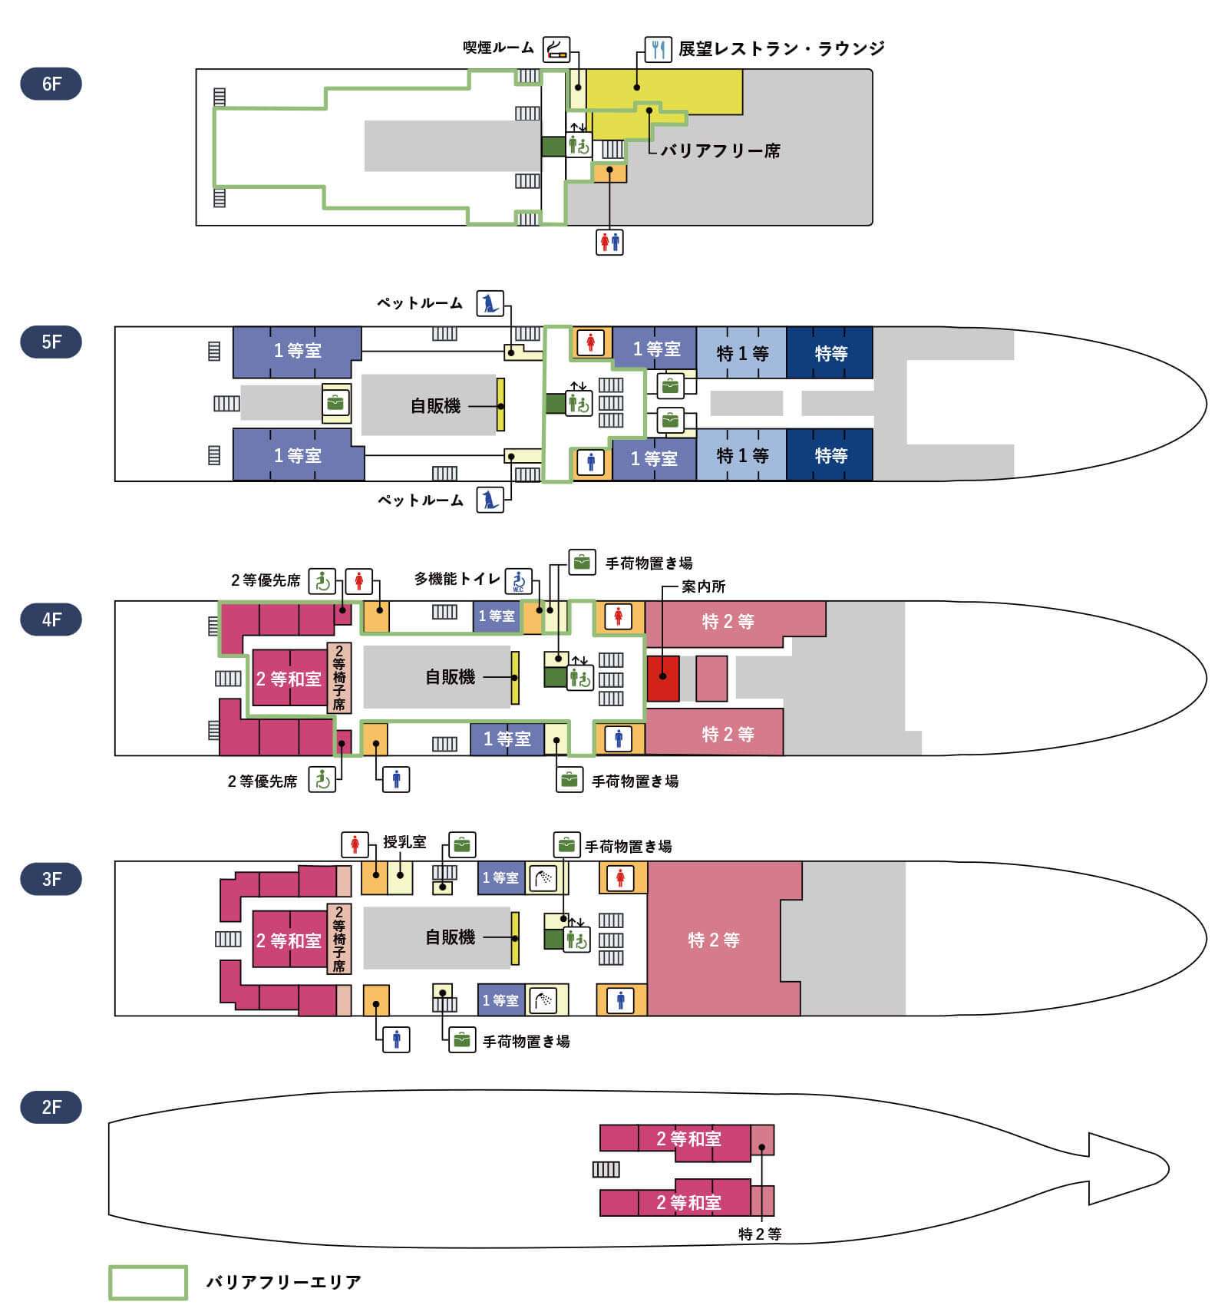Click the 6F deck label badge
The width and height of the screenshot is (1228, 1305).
pos(51,84)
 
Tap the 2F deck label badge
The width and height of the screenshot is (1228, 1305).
pos(51,1107)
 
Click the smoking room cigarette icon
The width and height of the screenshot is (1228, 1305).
pos(556,49)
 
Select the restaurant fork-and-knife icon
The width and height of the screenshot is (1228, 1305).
pos(658,49)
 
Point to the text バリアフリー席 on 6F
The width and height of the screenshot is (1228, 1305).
pos(720,150)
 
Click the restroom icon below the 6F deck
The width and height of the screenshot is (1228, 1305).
pos(609,242)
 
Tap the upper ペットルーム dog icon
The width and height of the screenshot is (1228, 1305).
pos(490,303)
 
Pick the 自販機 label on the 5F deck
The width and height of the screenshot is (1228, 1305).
pos(435,405)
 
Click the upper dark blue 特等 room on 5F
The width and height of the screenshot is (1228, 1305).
pos(830,353)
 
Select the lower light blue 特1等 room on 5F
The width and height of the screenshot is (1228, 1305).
pos(741,455)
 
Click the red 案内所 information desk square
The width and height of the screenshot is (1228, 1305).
pos(663,678)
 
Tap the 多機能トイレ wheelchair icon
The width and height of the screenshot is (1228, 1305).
pos(519,581)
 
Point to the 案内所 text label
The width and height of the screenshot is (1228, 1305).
pos(703,586)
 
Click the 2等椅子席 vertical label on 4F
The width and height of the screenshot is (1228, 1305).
pos(339,678)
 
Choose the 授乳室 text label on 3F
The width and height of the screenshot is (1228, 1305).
pos(404,842)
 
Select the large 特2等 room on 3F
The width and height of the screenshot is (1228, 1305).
pos(714,940)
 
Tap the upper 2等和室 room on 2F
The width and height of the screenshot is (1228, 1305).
pos(688,1139)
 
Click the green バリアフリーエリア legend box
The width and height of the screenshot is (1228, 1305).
pos(147,1282)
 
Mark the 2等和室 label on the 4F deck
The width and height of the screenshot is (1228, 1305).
pos(288,679)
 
